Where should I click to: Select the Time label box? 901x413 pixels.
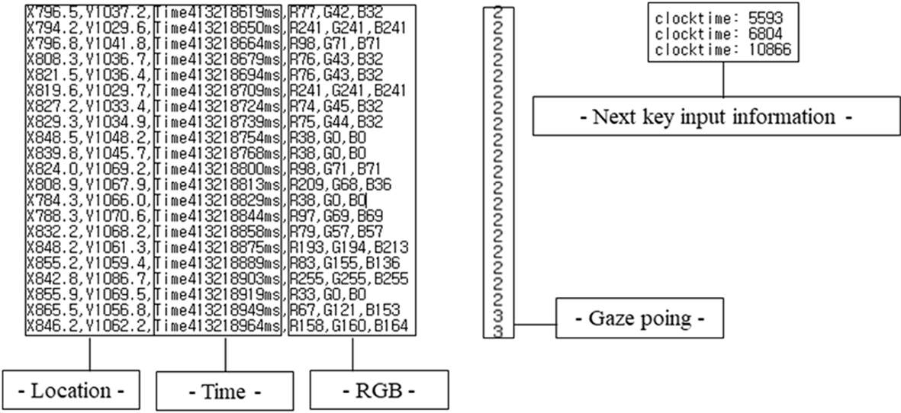point(224,392)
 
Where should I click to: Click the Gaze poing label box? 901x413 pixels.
point(639,319)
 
